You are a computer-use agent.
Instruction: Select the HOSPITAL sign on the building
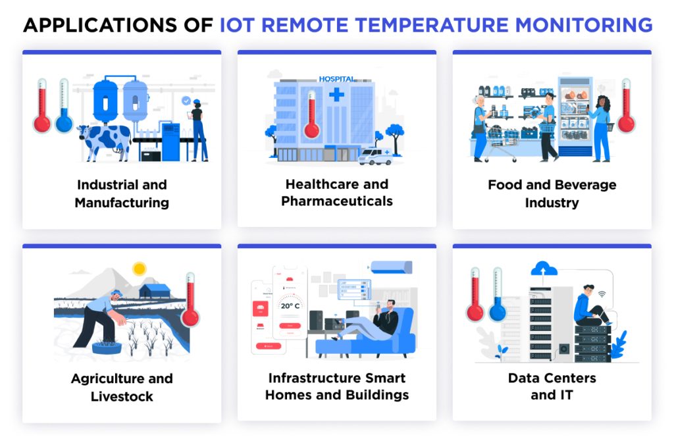[336, 79]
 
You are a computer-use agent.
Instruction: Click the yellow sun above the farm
[139, 268]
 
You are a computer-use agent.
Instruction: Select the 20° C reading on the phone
[290, 305]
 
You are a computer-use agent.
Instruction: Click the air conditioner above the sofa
[391, 267]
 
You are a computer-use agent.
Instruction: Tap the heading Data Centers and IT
[552, 386]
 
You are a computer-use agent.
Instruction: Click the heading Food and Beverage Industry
[552, 193]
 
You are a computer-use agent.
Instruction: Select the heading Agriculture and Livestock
[122, 387]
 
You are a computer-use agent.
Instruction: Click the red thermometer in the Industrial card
[42, 106]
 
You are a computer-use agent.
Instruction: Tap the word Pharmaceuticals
[336, 201]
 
